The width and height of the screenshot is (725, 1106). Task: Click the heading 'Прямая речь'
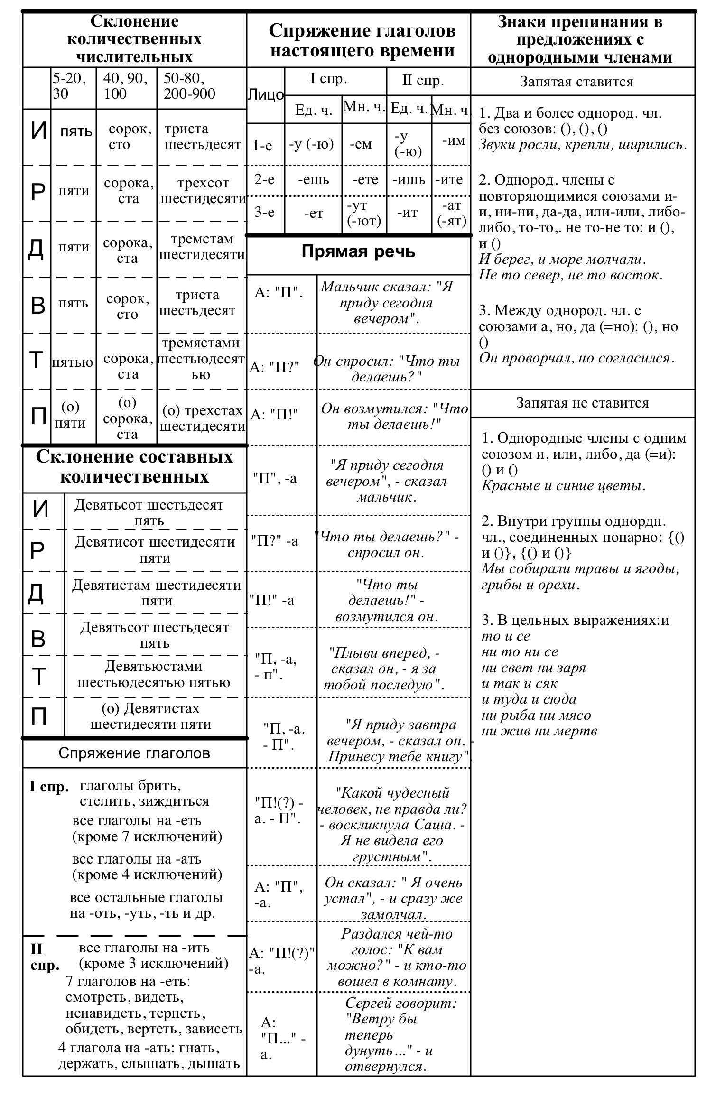tap(358, 251)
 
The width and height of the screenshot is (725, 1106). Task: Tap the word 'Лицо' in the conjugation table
tap(266, 95)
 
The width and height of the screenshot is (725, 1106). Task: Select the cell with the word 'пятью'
tap(73, 363)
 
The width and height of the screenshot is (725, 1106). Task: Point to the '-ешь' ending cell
tap(313, 180)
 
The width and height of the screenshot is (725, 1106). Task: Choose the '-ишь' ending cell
tap(409, 180)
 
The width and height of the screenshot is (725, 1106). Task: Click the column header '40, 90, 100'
tap(126, 86)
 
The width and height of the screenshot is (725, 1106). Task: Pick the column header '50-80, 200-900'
tap(190, 86)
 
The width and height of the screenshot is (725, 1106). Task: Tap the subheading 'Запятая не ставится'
tap(582, 403)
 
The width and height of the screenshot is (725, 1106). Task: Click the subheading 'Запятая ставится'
tap(576, 82)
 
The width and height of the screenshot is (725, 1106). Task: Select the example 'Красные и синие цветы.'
tap(564, 485)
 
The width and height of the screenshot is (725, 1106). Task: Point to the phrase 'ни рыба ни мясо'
tap(536, 715)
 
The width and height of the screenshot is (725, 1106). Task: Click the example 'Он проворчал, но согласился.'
tap(576, 358)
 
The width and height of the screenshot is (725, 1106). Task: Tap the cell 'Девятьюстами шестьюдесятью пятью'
tap(154, 674)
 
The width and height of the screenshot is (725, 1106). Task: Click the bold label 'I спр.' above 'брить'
tap(49, 787)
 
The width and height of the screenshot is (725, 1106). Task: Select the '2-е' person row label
tap(264, 180)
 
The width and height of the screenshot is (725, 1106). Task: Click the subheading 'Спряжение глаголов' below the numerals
tap(134, 753)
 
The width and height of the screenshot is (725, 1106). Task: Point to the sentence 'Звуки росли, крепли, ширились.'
tap(583, 145)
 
